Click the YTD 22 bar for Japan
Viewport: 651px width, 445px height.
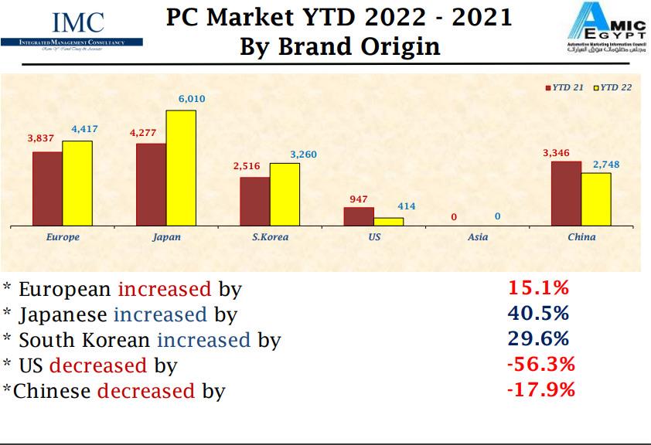pyautogui.click(x=181, y=168)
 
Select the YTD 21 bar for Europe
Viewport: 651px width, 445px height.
pyautogui.click(x=47, y=189)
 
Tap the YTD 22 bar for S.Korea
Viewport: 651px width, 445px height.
pyautogui.click(x=285, y=195)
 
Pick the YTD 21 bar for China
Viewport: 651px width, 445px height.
pyautogui.click(x=566, y=194)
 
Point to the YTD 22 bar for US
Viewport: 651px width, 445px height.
pyautogui.click(x=389, y=222)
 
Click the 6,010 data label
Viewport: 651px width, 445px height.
pyautogui.click(x=192, y=100)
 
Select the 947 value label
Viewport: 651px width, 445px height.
pyautogui.click(x=358, y=199)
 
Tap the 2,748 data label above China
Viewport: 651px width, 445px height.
pyautogui.click(x=605, y=165)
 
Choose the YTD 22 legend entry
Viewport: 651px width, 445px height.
pyautogui.click(x=614, y=87)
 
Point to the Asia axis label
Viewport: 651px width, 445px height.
pyautogui.click(x=478, y=237)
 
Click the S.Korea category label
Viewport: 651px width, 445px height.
pyautogui.click(x=270, y=237)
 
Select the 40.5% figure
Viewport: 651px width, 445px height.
pyautogui.click(x=538, y=314)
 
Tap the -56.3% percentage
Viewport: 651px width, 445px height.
pyautogui.click(x=540, y=364)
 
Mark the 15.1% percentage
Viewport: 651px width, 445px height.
pyautogui.click(x=538, y=289)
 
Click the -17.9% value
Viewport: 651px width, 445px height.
pyautogui.click(x=540, y=389)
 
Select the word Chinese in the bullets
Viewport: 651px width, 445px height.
pyautogui.click(x=53, y=391)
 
